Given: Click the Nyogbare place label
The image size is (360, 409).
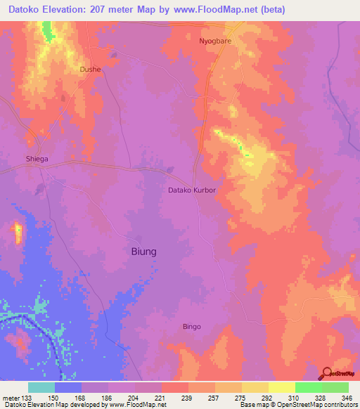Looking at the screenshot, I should tap(214, 41).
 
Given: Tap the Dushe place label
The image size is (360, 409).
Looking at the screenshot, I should tap(91, 70).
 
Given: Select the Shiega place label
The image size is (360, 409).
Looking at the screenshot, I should tap(37, 159).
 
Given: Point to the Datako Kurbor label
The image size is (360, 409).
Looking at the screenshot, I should tap(191, 190).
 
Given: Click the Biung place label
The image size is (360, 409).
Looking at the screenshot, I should tap(144, 251).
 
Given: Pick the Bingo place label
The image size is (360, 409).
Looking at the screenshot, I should tap(192, 326).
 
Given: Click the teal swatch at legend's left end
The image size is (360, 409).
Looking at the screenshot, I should tap(41, 387).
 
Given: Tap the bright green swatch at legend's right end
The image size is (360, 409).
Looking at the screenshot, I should tap(335, 387).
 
